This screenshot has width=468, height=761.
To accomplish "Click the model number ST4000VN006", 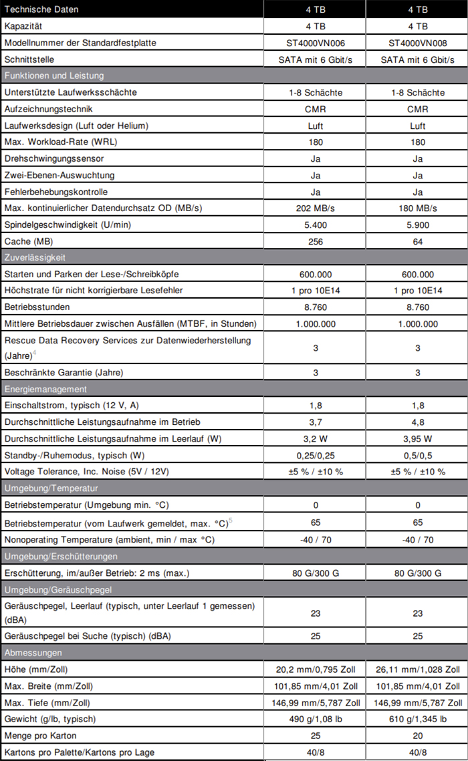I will click(x=316, y=43).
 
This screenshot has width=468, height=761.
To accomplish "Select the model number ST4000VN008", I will click(x=417, y=43).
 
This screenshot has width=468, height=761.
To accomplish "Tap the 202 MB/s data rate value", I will click(x=316, y=208).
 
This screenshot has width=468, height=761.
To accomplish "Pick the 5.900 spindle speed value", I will click(x=417, y=225).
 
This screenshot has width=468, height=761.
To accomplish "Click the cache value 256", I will click(x=316, y=241).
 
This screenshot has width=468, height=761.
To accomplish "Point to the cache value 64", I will click(x=417, y=241).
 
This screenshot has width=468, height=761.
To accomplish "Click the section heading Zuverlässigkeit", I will click(x=34, y=257).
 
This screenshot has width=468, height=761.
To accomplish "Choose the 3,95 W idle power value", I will click(x=417, y=439).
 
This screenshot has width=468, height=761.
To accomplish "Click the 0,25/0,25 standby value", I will click(x=316, y=455).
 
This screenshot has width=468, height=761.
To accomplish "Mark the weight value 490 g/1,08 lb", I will click(x=316, y=719).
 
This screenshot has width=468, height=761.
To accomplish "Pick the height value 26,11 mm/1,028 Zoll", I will click(x=417, y=669).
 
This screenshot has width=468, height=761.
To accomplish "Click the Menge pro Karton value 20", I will click(x=417, y=736).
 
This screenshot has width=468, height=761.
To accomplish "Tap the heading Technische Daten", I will click(x=41, y=9).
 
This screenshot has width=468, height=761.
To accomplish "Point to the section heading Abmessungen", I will click(x=33, y=653).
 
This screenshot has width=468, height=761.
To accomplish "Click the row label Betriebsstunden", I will click(x=37, y=307).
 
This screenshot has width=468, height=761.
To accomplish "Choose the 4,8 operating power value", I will click(x=417, y=422).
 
